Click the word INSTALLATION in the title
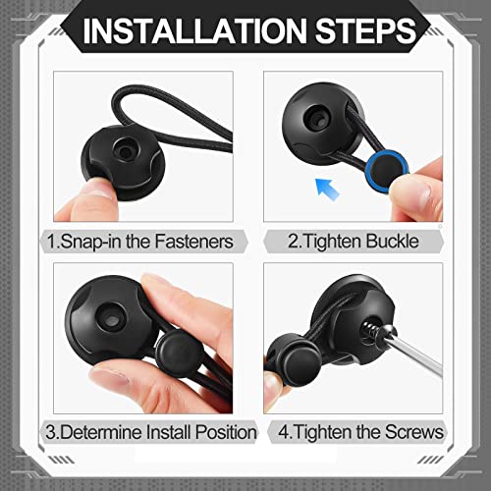coord(194,30)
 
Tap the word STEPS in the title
coord(365,30)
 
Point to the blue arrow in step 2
coord(327,189)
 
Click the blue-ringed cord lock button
coord(387,170)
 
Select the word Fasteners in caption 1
coord(193,242)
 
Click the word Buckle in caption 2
coord(392,241)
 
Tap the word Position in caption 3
coord(226,432)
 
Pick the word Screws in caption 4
coord(413,432)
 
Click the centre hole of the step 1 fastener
coord(125,151)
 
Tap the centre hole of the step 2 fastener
coord(316,121)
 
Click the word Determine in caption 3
coord(101,432)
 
